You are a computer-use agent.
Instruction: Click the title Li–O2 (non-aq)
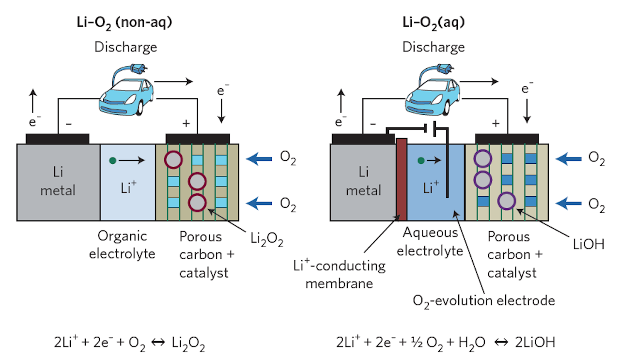pyautogui.click(x=124, y=23)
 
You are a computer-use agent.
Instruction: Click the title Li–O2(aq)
pyautogui.click(x=434, y=23)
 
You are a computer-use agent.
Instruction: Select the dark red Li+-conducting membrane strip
pyautogui.click(x=402, y=179)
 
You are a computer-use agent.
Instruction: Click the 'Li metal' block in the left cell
pyautogui.click(x=58, y=182)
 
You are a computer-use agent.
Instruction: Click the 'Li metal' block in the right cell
pyautogui.click(x=363, y=182)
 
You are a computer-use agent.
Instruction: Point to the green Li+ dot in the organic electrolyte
pyautogui.click(x=113, y=160)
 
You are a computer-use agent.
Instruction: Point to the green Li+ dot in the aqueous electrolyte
pyautogui.click(x=421, y=160)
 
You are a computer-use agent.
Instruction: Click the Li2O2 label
pyautogui.click(x=267, y=239)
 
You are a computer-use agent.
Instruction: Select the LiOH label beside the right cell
pyautogui.click(x=588, y=244)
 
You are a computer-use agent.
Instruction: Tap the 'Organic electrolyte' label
pyautogui.click(x=122, y=245)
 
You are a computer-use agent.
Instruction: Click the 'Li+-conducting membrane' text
pyautogui.click(x=340, y=274)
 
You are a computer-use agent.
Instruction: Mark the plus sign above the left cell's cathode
pyautogui.click(x=186, y=123)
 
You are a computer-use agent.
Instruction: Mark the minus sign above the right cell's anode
pyautogui.click(x=373, y=124)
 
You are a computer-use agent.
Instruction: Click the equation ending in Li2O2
pyautogui.click(x=129, y=343)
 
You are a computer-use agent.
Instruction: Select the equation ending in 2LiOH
pyautogui.click(x=446, y=343)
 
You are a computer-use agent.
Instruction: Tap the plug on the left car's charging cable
pyautogui.click(x=139, y=69)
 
